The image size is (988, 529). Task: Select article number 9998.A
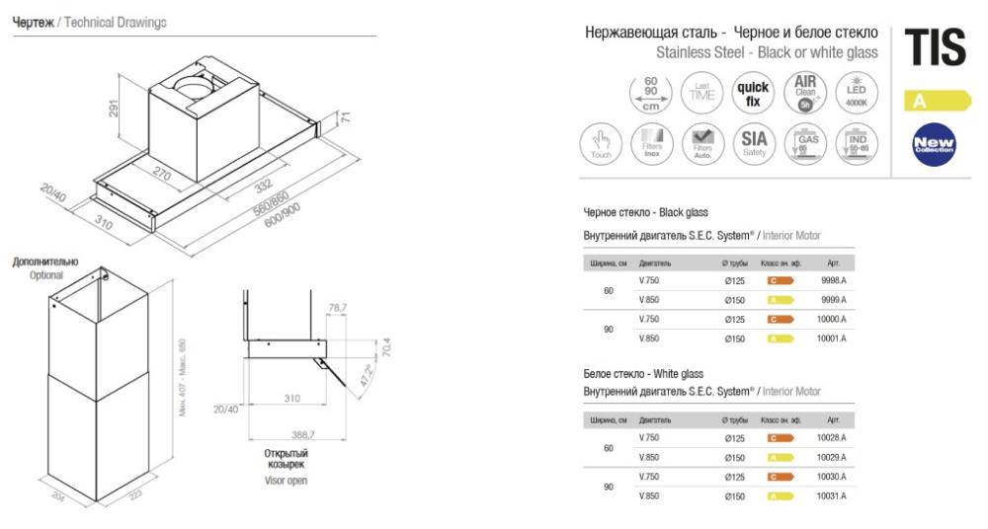pyautogui.click(x=833, y=280)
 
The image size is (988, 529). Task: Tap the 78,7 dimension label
pyautogui.click(x=337, y=310)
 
